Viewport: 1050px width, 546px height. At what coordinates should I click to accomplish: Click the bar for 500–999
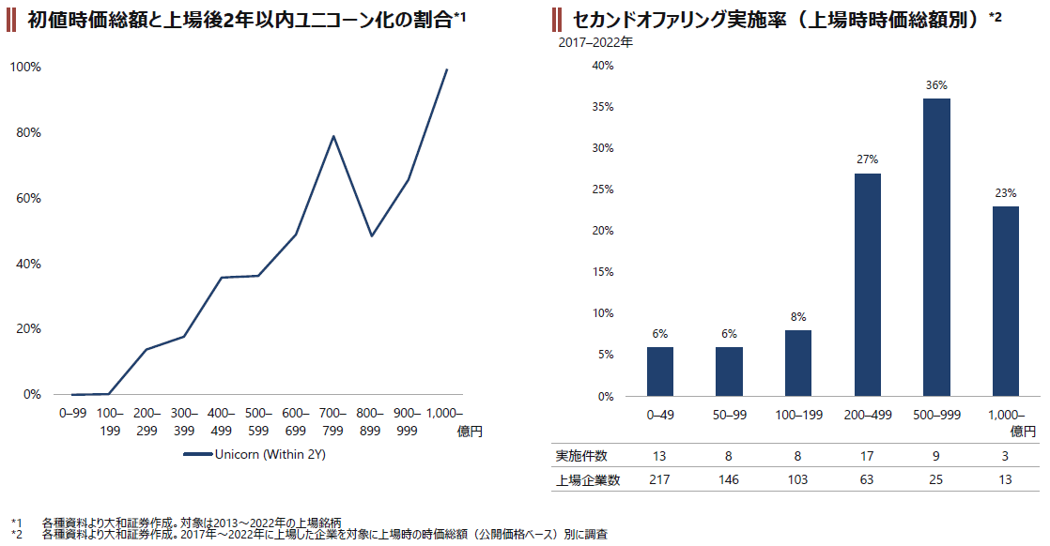(x=936, y=247)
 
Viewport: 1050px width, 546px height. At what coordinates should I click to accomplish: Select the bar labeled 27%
(x=868, y=284)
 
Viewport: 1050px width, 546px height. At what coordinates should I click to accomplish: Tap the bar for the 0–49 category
(x=660, y=372)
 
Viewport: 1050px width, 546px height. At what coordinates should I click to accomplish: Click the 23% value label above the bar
(x=1006, y=193)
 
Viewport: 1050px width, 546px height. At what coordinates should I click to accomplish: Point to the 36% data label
(x=936, y=85)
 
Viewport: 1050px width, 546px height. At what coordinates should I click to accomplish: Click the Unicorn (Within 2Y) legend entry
(x=254, y=455)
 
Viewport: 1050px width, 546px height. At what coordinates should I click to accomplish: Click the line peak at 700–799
(x=333, y=137)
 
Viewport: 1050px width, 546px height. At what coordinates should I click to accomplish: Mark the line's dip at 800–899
(x=372, y=235)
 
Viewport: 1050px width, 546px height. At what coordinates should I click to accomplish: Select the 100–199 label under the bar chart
(x=798, y=413)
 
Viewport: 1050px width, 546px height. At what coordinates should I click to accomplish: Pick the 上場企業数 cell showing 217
(x=660, y=480)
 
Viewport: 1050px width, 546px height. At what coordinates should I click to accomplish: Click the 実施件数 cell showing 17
(x=868, y=456)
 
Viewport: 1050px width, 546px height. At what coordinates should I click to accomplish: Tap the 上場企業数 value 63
(x=868, y=480)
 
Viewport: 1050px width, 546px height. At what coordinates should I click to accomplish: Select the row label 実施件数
(x=582, y=456)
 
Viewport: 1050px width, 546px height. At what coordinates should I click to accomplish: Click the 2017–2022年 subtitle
(x=595, y=42)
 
